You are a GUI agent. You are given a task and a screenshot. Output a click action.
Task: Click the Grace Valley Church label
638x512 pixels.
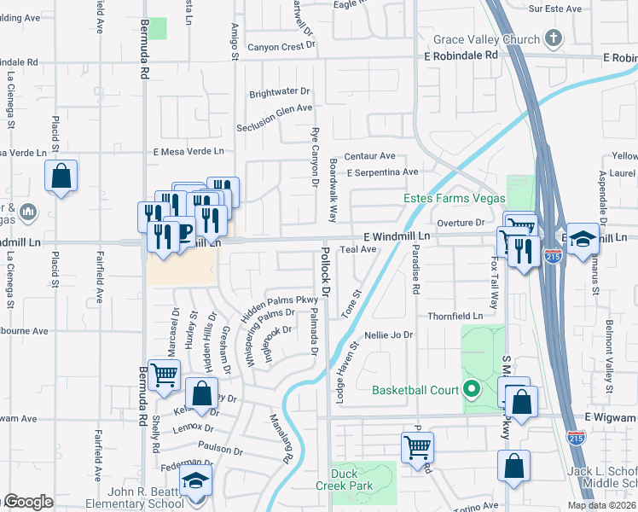pos(486,39)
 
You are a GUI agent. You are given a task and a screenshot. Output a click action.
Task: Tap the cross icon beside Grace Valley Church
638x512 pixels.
pos(554,38)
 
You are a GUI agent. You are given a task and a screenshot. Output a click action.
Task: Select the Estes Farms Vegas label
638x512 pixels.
pos(454,198)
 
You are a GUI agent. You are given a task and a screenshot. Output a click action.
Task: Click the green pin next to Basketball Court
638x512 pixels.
pos(471,391)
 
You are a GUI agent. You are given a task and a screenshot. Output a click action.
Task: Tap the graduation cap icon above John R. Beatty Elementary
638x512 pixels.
pos(195,480)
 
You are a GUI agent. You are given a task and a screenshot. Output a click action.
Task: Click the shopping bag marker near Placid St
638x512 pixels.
pos(61,177)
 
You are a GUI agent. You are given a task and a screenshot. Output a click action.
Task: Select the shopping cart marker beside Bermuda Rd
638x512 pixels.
pos(164,375)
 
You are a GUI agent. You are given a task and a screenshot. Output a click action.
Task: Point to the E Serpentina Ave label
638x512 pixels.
pos(382,172)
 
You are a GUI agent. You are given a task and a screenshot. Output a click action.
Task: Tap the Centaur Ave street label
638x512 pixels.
pos(369,156)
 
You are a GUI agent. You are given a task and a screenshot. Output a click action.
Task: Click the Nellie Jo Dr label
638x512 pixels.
pos(388,335)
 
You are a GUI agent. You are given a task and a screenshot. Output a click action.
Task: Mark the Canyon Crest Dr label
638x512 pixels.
pos(281,47)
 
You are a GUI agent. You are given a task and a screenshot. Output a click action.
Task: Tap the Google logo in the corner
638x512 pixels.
pos(27,502)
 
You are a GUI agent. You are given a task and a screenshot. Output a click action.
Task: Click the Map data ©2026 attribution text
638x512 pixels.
pos(601,505)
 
